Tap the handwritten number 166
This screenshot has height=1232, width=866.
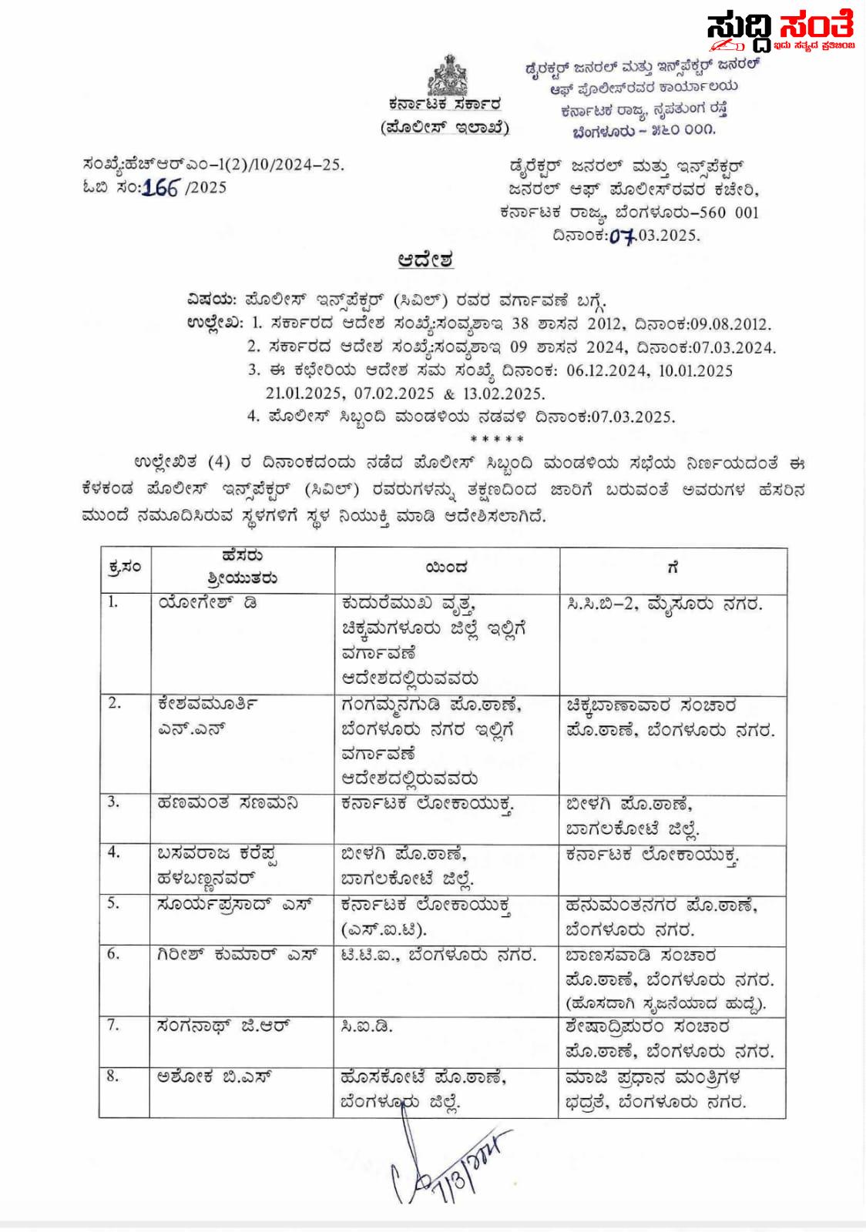tap(160, 187)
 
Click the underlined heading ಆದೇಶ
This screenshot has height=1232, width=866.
tap(425, 259)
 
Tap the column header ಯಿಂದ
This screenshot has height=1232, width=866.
tap(446, 568)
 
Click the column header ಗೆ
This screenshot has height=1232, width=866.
tap(673, 568)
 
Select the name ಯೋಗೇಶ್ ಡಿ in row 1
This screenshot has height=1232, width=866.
tap(207, 603)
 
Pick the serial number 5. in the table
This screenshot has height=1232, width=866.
tap(113, 902)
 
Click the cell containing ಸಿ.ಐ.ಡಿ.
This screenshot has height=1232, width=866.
tap(367, 1026)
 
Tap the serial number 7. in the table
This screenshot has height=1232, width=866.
tap(113, 1025)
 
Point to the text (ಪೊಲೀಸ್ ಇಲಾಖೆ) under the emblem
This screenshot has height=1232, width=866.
tap(445, 127)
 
